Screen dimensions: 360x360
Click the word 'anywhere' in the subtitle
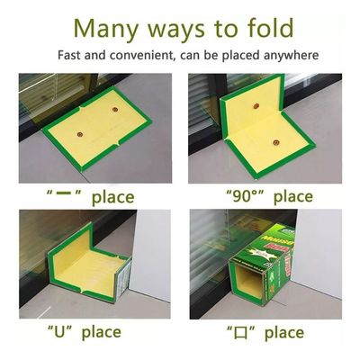click(291, 56)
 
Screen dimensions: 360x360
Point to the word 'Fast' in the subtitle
click(69, 55)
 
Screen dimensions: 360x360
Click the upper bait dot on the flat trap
click(115, 109)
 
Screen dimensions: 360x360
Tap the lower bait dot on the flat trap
click(80, 135)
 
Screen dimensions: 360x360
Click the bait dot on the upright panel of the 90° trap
click(256, 106)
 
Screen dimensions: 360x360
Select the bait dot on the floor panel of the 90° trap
click(276, 143)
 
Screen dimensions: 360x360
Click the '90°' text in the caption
click(246, 197)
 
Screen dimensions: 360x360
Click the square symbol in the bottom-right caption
click(241, 333)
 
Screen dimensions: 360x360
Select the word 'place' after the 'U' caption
click(102, 333)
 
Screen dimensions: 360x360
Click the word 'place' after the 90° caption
click(293, 198)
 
